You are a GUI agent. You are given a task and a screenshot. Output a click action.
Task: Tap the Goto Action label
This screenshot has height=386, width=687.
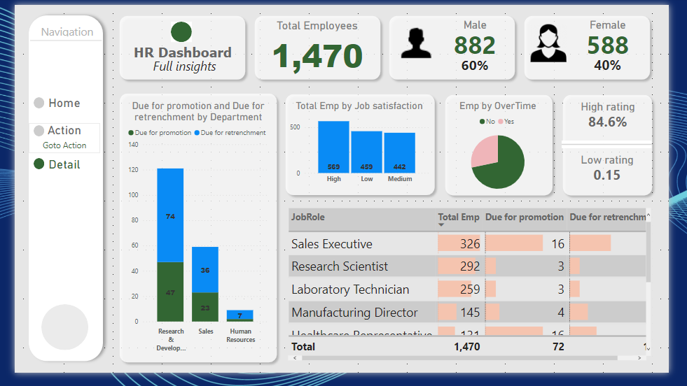64,145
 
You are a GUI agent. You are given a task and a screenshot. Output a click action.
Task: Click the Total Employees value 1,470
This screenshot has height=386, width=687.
317,57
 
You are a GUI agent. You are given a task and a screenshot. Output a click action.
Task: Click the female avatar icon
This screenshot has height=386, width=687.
548,43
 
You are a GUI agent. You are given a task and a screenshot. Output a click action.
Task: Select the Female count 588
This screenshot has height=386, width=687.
607,45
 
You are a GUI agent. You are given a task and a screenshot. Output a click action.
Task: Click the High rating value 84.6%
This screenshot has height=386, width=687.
607,122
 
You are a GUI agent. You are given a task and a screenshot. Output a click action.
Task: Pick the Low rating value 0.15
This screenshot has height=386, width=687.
606,175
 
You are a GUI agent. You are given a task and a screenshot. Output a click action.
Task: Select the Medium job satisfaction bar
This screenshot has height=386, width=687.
399,152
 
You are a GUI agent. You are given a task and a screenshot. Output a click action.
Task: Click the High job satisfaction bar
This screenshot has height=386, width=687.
333,147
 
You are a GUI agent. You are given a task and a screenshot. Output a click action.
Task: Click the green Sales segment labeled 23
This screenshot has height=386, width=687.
205,306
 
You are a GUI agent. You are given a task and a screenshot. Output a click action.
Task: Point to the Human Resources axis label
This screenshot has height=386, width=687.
240,336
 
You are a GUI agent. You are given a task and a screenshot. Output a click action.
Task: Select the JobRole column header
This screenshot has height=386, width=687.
308,217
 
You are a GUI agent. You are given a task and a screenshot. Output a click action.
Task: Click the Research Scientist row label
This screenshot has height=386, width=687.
340,266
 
